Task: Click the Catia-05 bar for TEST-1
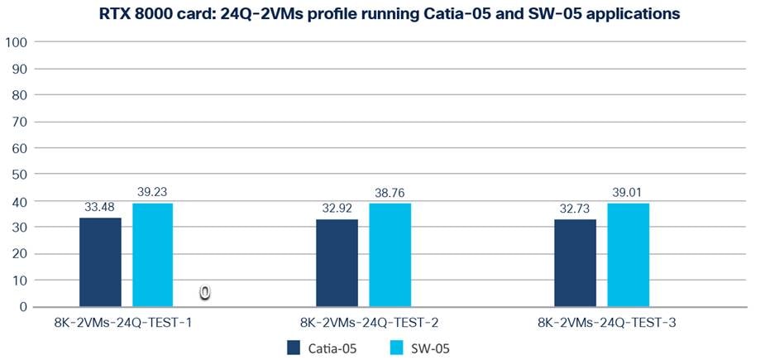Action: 100,262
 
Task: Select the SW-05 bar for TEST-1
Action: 153,255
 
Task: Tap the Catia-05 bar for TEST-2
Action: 337,263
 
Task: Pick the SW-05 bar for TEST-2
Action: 390,256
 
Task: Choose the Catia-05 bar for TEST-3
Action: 575,263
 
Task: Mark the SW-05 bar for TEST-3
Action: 628,255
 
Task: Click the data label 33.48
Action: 100,207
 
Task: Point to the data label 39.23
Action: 153,192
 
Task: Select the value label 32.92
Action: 337,209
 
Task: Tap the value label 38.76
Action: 390,193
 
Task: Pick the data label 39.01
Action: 628,192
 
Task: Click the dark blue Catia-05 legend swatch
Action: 294,348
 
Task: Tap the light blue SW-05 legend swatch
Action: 396,348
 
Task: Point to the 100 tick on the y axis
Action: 17,42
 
